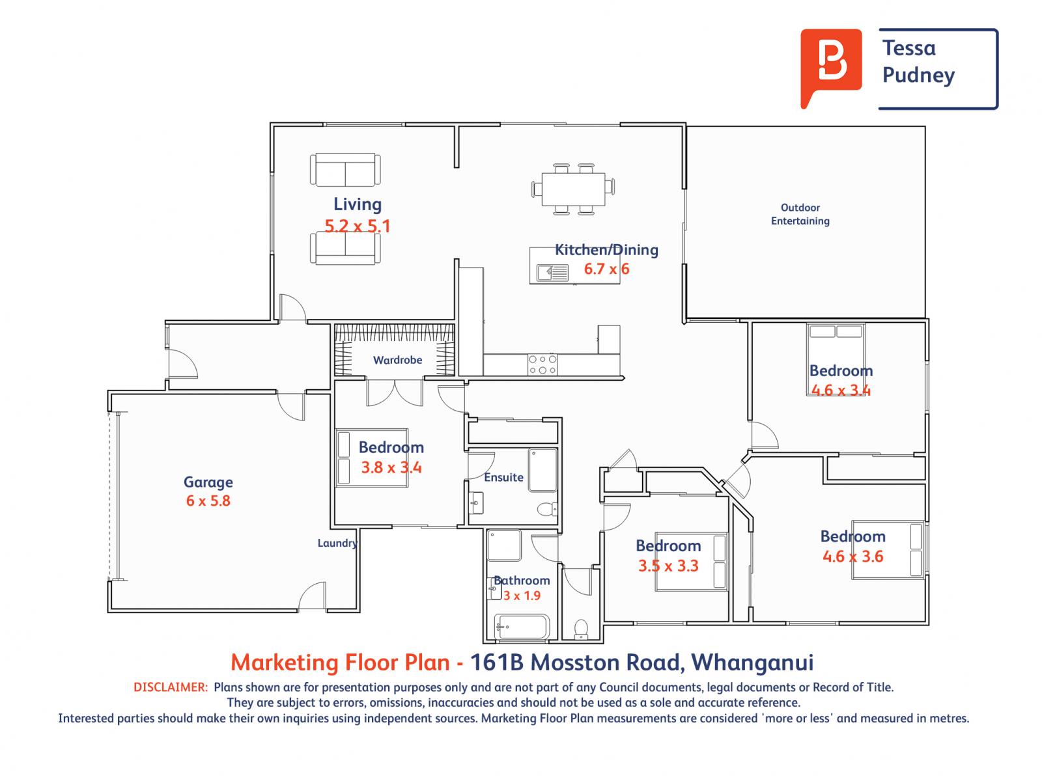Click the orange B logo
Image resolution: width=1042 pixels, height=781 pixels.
tap(830, 66)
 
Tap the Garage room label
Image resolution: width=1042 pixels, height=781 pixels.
tap(208, 483)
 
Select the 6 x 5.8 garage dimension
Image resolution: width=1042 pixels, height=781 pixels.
tap(208, 500)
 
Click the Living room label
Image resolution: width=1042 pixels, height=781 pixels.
tap(357, 204)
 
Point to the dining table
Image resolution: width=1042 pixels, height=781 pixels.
tap(573, 189)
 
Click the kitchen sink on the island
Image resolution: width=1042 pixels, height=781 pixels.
tap(552, 273)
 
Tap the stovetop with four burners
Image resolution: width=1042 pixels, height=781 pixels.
tap(542, 364)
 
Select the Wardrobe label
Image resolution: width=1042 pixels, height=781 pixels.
tap(397, 360)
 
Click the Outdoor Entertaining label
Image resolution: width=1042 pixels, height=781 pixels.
tap(800, 214)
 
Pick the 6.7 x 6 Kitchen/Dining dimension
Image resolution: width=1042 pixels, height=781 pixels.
tap(606, 269)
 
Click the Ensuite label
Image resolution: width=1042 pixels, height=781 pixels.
tap(503, 477)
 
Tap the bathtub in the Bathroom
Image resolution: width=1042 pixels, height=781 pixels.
tap(522, 627)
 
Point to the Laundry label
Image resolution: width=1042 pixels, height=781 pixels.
tap(337, 543)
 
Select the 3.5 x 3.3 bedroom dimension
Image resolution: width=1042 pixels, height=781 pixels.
tap(668, 566)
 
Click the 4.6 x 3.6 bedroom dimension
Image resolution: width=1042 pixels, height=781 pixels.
tap(852, 556)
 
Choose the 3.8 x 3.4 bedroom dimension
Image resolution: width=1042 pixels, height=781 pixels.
tap(391, 467)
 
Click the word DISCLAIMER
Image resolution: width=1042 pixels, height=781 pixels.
tap(171, 687)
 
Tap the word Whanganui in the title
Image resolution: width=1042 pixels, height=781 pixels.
tap(752, 662)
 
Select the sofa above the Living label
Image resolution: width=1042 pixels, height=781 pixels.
tap(345, 170)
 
